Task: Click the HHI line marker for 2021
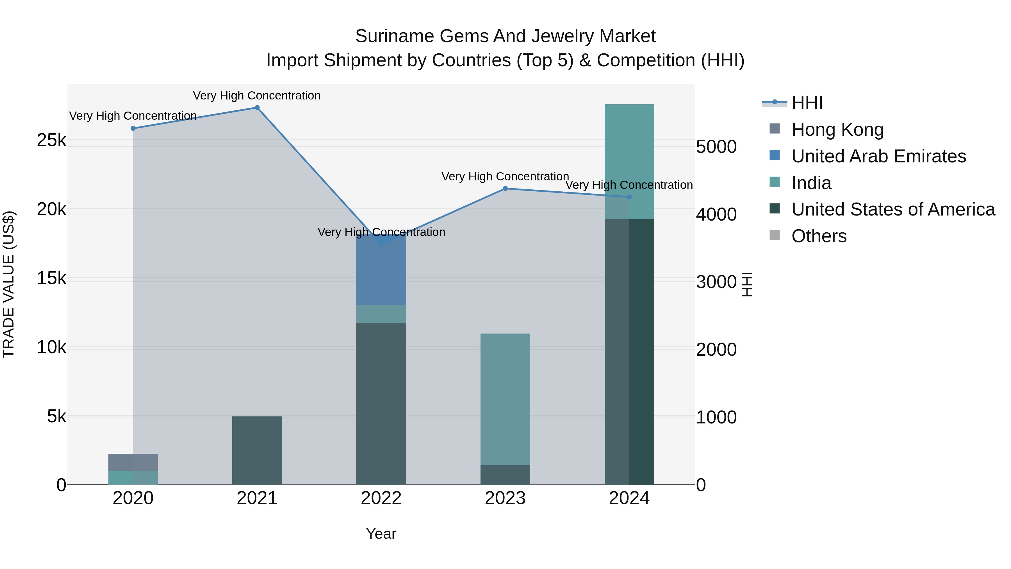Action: coord(257,108)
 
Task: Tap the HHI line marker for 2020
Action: coord(133,128)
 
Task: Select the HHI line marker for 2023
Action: coord(505,189)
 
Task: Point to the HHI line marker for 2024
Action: coord(629,197)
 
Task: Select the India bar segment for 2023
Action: coord(505,398)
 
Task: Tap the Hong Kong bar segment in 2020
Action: coord(133,462)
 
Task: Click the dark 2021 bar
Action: coord(257,450)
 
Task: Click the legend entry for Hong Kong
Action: coord(837,130)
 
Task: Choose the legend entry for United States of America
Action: coord(893,209)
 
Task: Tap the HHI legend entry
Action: coord(807,103)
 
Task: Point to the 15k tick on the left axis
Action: coord(51,278)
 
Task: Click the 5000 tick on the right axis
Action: coord(716,147)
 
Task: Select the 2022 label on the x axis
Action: coord(381,498)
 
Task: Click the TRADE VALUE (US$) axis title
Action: coord(9,284)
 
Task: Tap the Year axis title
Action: coord(381,534)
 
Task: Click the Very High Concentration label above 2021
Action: coord(257,96)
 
